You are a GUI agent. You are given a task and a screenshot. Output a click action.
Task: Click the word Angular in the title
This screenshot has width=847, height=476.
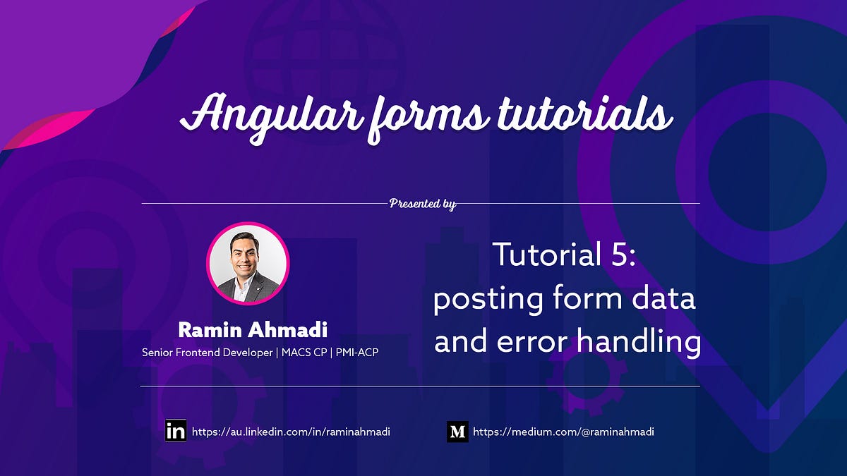pos(262,115)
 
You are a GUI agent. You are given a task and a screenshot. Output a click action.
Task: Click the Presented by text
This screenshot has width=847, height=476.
pos(422,204)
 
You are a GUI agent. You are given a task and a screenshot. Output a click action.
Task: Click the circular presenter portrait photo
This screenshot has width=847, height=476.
pos(248,264)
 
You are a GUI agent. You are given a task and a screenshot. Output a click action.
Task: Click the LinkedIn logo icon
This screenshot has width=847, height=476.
pos(176,432)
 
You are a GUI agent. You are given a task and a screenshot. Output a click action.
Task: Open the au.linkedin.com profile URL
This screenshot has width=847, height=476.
pos(291,432)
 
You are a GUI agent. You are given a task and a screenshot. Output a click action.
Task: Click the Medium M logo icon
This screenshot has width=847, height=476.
pos(457,432)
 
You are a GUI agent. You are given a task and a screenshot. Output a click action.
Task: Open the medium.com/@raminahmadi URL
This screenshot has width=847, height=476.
pos(563,432)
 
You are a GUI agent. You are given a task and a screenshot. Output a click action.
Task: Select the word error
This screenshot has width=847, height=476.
pos(535,343)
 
